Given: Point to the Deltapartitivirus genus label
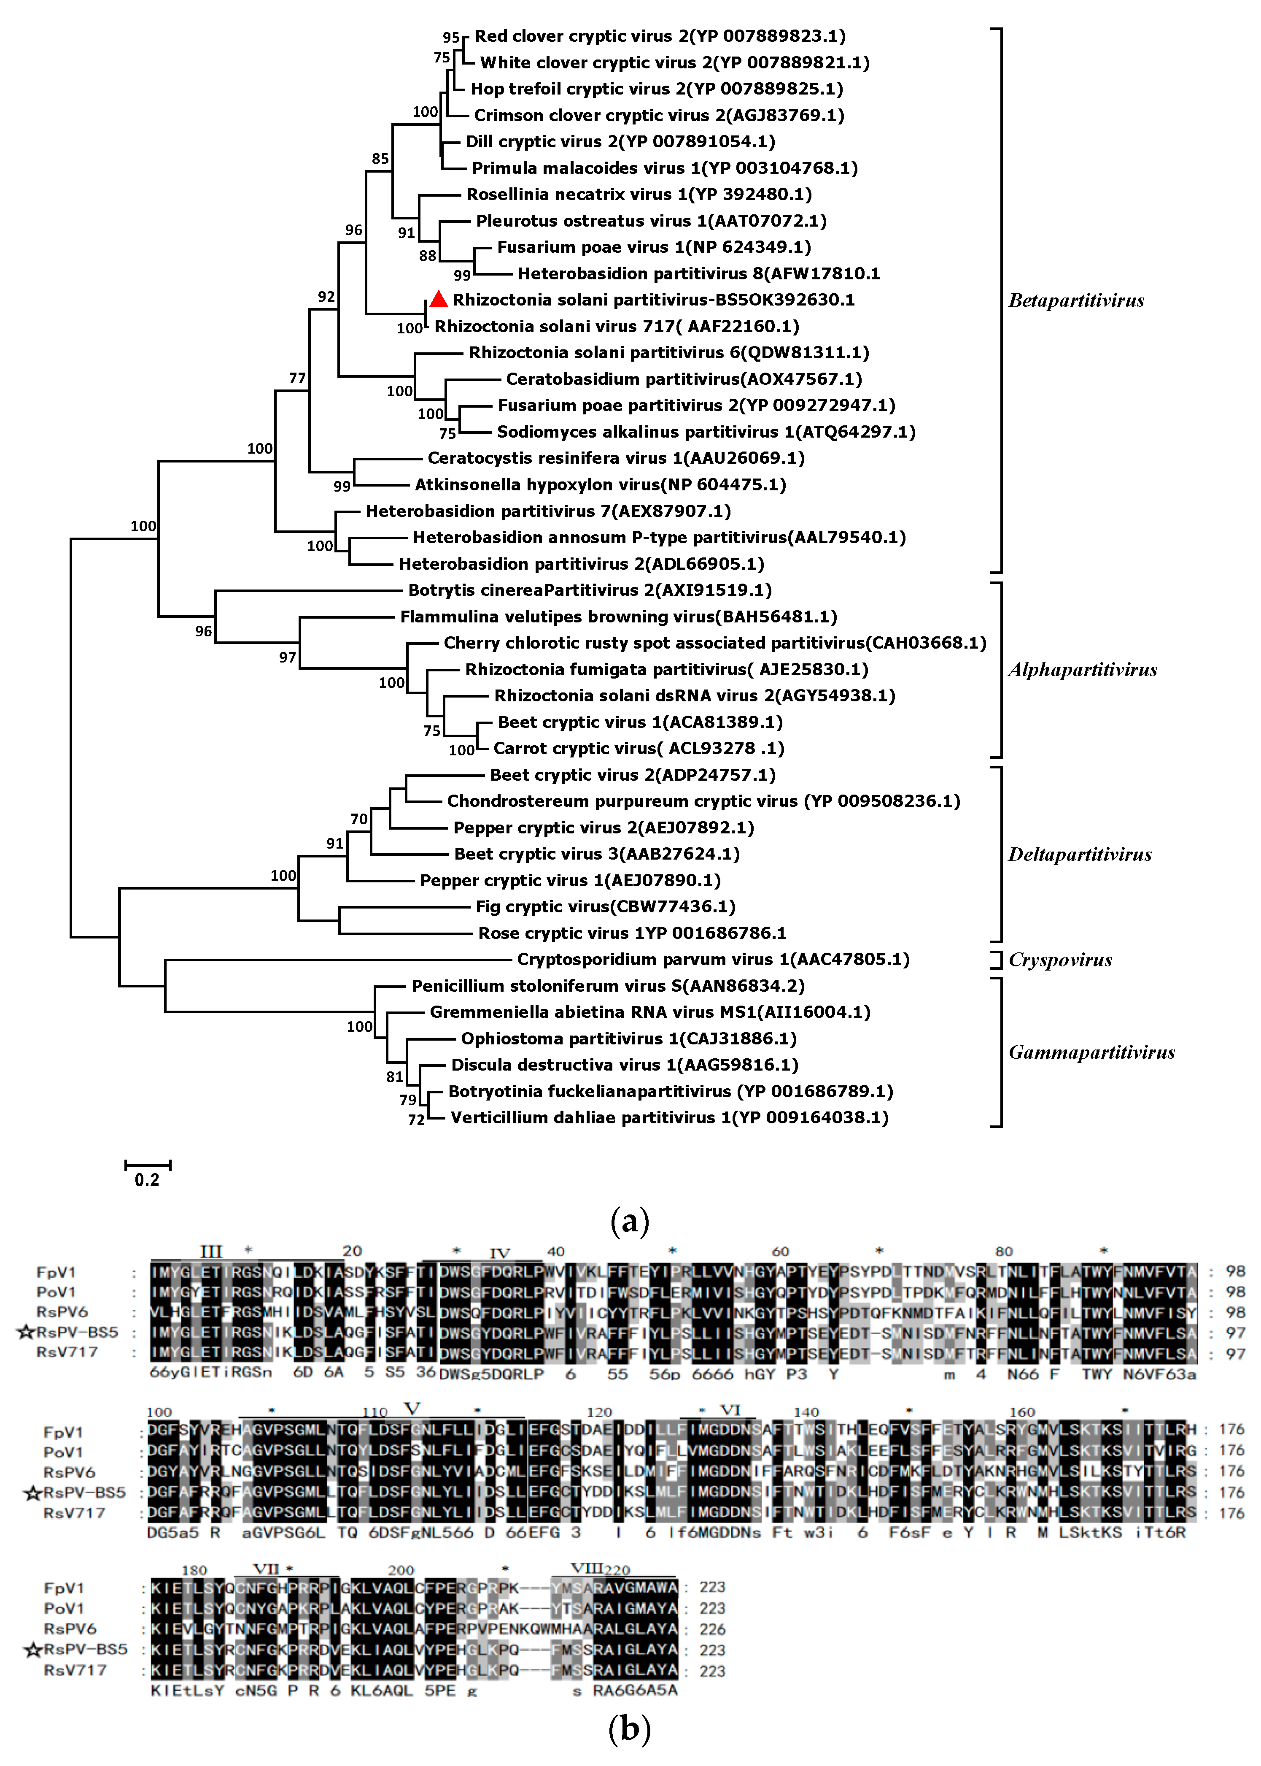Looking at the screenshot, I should click(x=1079, y=855).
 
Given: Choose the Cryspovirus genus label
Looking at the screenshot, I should click(x=1060, y=960).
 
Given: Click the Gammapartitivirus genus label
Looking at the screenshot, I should click(x=1091, y=1053).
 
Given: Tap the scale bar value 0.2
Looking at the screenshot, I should click(x=147, y=1180).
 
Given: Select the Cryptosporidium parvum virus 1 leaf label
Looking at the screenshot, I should click(x=713, y=960).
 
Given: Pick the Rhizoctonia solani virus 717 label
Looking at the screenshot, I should click(x=617, y=326).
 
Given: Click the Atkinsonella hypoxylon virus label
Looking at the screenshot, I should click(x=600, y=485).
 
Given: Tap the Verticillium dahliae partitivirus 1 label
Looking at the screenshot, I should click(x=669, y=1118).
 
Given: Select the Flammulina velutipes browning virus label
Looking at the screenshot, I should click(x=618, y=617).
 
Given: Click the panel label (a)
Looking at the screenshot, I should click(x=630, y=1222).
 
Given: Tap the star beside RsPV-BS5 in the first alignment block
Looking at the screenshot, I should click(x=26, y=1333).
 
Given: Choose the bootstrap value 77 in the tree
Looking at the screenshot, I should click(x=297, y=379).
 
